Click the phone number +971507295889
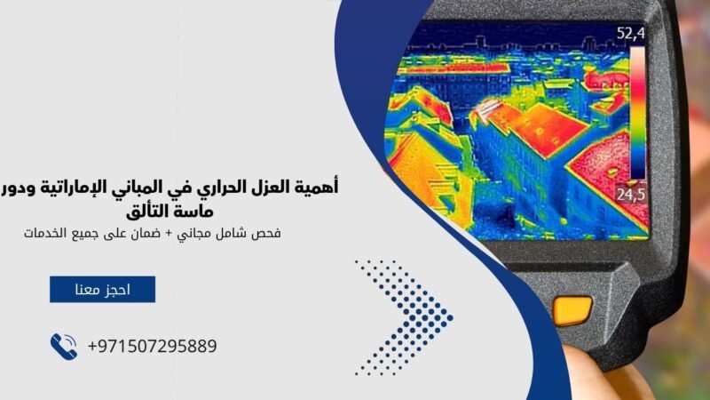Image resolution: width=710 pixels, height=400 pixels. pyautogui.click(x=152, y=346)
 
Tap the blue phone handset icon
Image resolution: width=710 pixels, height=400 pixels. pyautogui.click(x=64, y=346)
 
